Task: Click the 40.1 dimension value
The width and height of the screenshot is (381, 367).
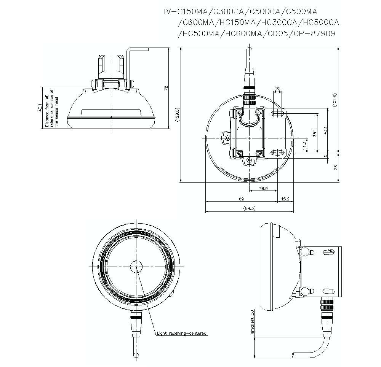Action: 40,108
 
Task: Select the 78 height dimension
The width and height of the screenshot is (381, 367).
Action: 166,88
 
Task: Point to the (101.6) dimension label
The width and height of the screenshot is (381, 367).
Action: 335,100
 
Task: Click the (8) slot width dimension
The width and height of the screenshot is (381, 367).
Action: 277,89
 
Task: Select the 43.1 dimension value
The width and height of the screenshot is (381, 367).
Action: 325,130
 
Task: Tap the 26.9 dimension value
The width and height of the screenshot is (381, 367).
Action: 263,188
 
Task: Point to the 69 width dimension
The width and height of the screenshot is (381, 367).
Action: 241,199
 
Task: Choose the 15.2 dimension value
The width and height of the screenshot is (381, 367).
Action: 285,199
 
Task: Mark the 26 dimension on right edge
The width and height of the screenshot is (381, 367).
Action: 336,168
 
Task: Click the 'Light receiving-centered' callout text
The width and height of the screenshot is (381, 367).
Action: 182,333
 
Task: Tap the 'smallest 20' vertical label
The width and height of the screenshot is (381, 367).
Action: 252,321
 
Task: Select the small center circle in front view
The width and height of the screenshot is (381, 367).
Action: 136,267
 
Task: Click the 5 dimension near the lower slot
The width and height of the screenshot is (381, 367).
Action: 325,156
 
